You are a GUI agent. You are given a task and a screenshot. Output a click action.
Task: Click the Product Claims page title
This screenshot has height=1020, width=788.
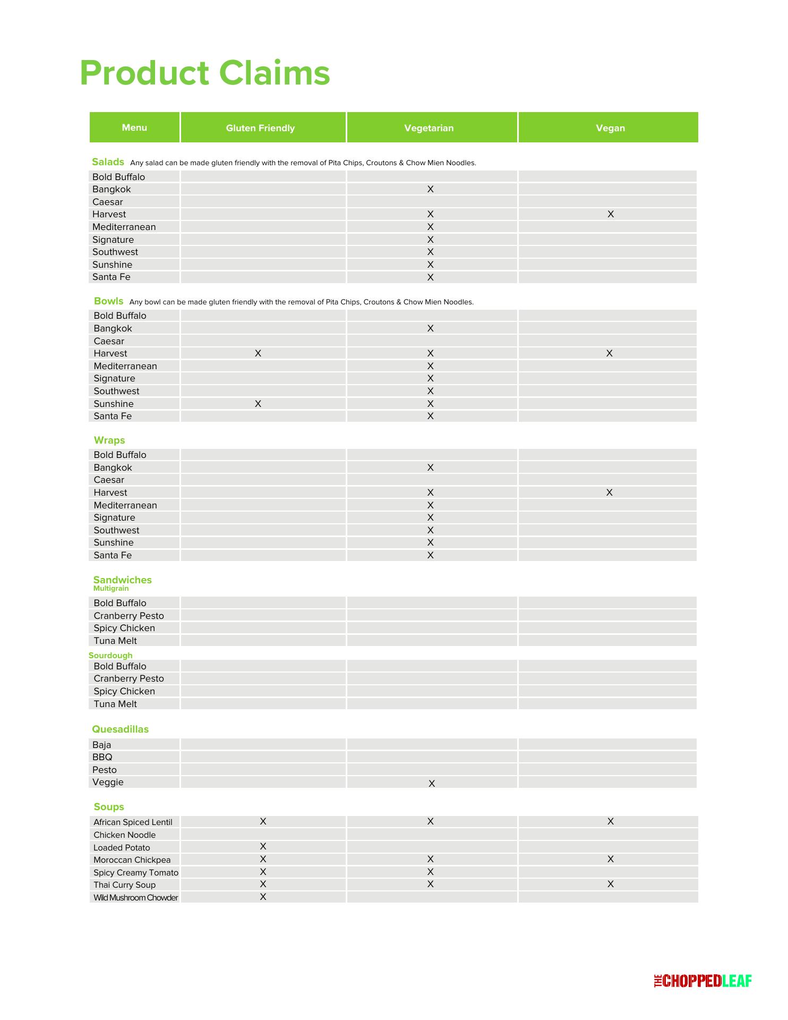pos(205,73)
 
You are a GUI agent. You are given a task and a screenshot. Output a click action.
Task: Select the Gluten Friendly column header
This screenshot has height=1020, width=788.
pos(260,128)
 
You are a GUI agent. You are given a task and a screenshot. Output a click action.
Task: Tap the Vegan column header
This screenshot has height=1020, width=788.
pos(610,128)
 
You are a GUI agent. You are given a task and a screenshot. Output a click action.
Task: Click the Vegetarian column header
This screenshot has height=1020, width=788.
pos(429,128)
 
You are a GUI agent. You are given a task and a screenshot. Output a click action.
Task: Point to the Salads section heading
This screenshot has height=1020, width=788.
pos(108,162)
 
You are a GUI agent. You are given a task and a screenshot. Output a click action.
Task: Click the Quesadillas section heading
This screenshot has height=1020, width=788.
pos(120,729)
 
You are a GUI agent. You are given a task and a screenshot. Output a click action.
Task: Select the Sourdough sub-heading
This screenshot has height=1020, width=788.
pos(110,656)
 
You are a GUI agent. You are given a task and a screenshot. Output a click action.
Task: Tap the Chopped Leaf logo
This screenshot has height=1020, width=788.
pos(703,981)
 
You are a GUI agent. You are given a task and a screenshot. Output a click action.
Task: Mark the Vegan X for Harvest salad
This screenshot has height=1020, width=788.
pos(611,214)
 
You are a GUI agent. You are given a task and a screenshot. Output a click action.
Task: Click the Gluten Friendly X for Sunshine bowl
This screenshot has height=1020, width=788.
pos(258,404)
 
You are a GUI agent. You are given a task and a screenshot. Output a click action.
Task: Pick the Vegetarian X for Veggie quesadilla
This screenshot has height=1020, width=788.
pos(432,784)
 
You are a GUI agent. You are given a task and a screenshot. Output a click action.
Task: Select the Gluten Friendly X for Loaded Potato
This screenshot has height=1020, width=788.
pos(263,846)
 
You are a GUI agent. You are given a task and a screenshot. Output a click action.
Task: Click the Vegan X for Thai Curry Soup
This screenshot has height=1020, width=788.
pos(611,884)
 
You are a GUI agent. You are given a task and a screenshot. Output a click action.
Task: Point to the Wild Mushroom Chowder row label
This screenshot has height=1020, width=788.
pos(136,898)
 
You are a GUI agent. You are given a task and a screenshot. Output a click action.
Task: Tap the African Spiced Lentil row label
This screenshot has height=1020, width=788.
pos(133,822)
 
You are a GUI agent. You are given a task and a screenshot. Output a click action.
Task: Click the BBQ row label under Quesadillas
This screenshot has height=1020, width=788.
pos(102,757)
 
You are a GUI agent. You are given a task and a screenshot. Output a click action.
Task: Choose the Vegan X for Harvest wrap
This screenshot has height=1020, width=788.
pos(610,492)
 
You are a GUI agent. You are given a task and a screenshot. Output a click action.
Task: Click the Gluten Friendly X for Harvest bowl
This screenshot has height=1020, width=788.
pos(258,353)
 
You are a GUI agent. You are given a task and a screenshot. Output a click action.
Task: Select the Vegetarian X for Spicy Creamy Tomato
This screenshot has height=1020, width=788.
pos(431,872)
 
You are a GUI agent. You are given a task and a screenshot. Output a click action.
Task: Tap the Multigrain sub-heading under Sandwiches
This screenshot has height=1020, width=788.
pos(111,589)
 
